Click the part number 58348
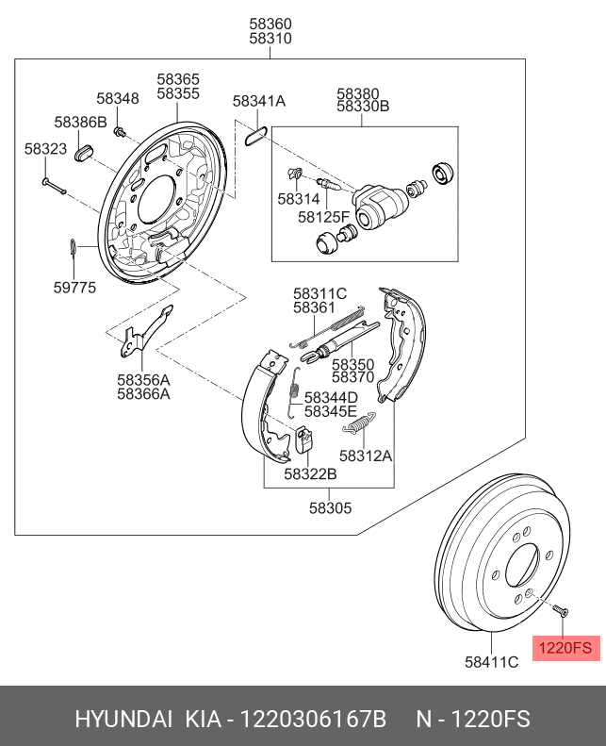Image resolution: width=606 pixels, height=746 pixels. (118, 98)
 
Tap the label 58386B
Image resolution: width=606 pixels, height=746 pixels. (80, 122)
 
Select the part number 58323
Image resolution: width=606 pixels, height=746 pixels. (45, 149)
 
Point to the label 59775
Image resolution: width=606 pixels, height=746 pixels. (74, 288)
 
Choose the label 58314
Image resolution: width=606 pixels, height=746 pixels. (298, 199)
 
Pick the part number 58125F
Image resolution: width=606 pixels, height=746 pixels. (323, 216)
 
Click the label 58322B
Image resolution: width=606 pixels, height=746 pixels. (310, 473)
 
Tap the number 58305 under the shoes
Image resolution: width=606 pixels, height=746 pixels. (330, 507)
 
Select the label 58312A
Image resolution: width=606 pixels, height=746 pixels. (365, 456)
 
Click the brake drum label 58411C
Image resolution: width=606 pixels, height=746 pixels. (491, 662)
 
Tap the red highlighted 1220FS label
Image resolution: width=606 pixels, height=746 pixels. (565, 648)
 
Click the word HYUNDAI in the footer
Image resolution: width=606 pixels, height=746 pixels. (123, 720)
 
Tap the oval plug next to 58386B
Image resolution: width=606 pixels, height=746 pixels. (84, 150)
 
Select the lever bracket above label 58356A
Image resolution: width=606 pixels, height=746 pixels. (140, 334)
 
